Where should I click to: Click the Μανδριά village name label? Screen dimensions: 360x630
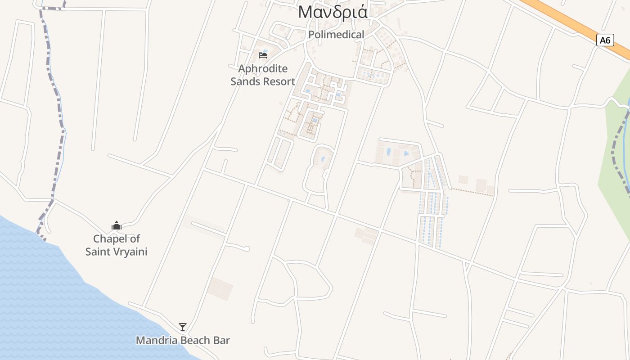(x=333, y=12)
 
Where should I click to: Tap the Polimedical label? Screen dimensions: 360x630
(x=336, y=35)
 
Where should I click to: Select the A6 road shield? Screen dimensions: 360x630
(x=605, y=40)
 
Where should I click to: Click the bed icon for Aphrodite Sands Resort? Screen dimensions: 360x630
(x=263, y=55)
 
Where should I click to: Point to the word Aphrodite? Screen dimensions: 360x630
(x=263, y=69)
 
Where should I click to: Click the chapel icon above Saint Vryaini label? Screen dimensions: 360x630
(x=117, y=225)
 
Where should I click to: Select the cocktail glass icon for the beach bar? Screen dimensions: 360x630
(x=182, y=327)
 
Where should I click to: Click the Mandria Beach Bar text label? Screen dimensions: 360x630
(x=183, y=341)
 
